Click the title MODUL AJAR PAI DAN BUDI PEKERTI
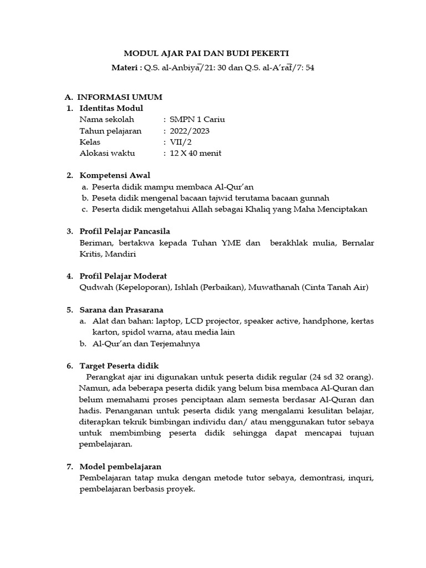pos(206,53)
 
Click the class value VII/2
pos(180,142)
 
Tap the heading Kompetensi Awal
pos(115,175)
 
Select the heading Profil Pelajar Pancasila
pos(125,231)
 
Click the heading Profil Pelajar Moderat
pos(123,276)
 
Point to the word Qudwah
pos(95,287)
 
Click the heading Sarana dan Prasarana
pos(121,310)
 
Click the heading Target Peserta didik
pos(119,366)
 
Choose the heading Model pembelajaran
pos(120,466)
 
